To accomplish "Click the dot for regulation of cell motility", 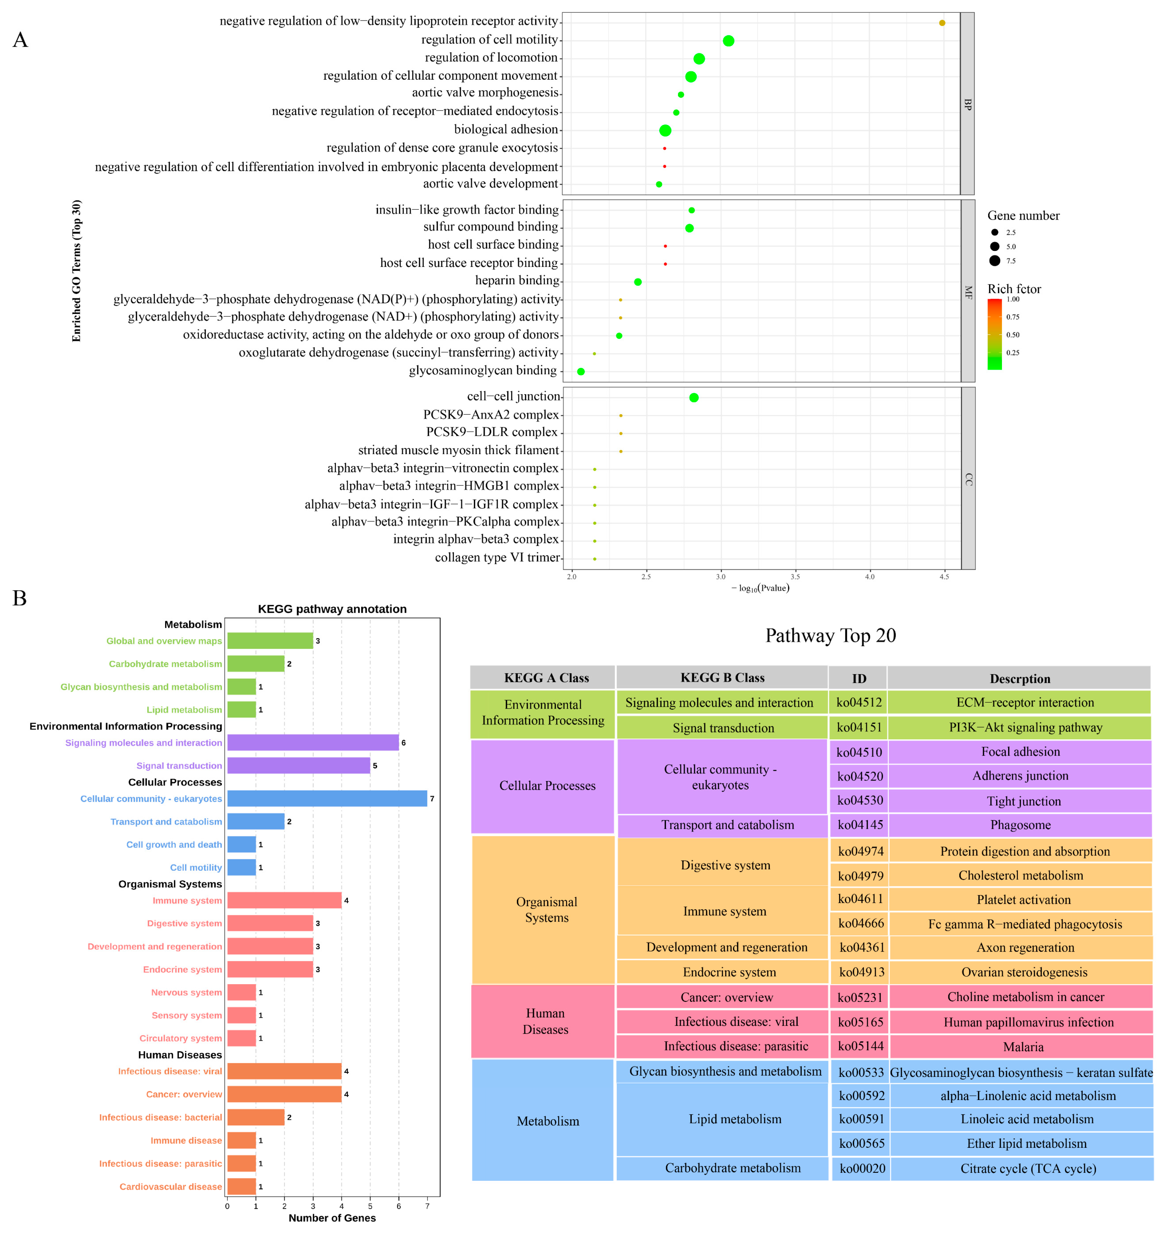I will click(728, 41).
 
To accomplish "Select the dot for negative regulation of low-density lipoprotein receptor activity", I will click(942, 23).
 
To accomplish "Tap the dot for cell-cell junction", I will click(694, 398).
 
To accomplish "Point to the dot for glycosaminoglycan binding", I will click(580, 372).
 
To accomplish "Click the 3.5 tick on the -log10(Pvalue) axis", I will click(795, 577).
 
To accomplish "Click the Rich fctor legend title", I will click(1014, 289).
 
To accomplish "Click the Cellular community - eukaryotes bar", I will click(326, 798).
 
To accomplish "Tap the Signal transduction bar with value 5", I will click(299, 765).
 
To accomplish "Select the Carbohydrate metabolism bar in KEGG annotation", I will click(256, 663).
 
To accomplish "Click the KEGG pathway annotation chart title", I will click(332, 609).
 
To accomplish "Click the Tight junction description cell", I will click(1023, 801).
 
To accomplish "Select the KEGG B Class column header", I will click(722, 678).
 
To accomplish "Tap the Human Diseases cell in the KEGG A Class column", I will click(545, 1021).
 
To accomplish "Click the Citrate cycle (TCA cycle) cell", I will click(1028, 1168).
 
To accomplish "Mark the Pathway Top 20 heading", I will click(830, 635).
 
